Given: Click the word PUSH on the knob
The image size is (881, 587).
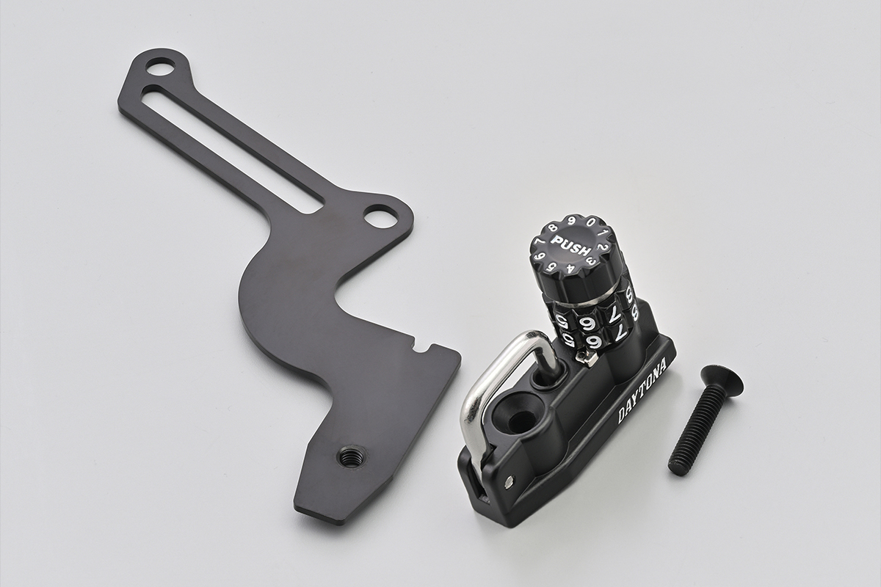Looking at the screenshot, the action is click(570, 245).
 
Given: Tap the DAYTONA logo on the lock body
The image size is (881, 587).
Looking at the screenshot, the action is click(642, 393).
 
